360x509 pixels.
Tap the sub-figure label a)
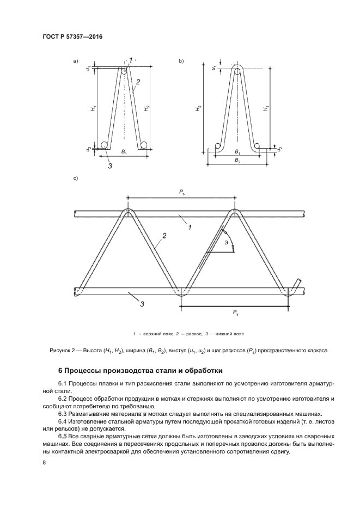click(x=75, y=61)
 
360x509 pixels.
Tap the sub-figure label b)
click(x=181, y=61)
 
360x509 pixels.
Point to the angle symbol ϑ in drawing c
click(x=226, y=243)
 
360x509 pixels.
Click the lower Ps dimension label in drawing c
click(x=234, y=314)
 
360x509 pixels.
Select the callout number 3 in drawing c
click(x=142, y=304)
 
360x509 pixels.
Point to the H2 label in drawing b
click(x=199, y=109)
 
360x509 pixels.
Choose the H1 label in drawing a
click(x=93, y=109)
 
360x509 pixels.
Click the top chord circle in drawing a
click(x=124, y=71)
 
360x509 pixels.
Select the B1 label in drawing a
click(x=124, y=152)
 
